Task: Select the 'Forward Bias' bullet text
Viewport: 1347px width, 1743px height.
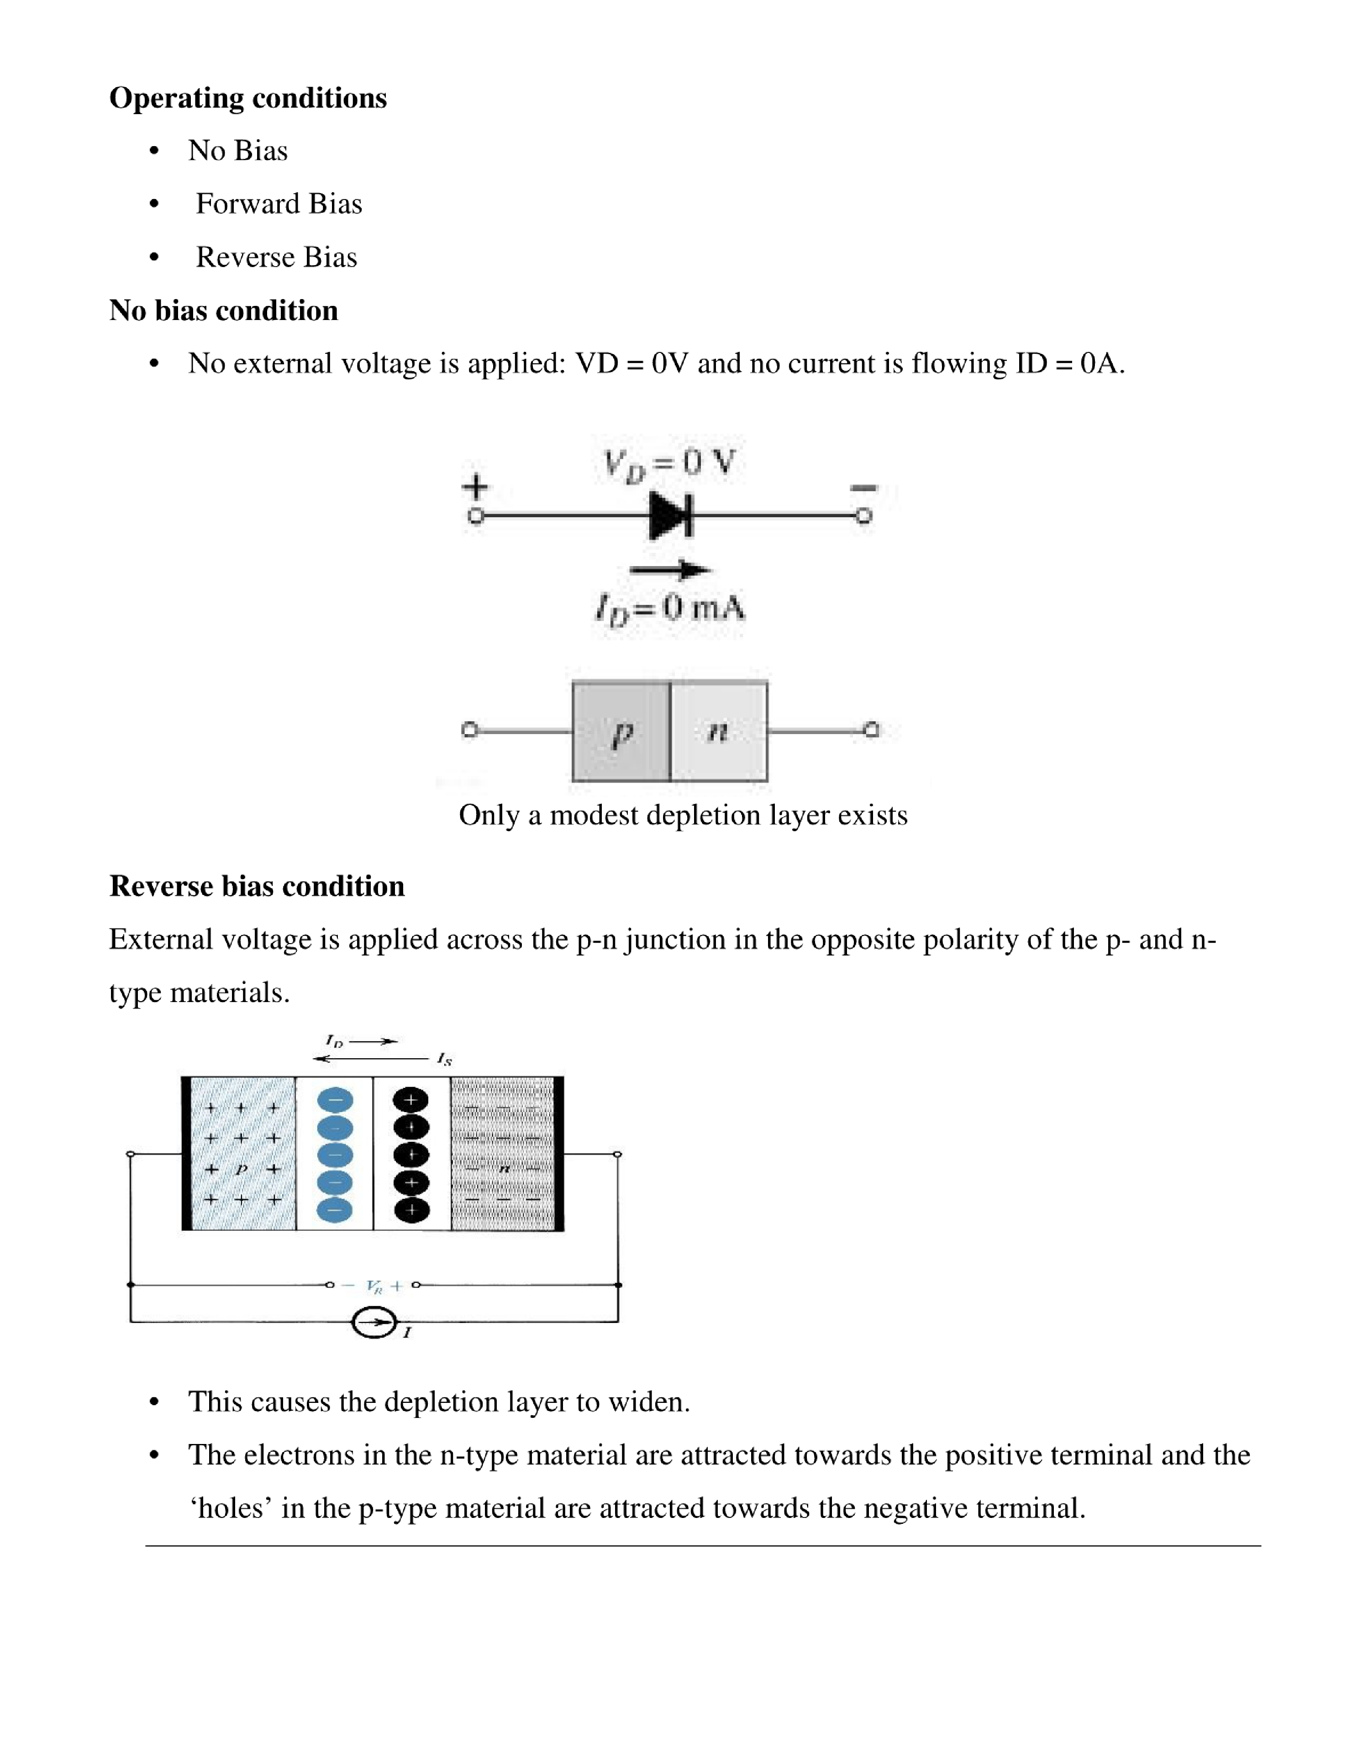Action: (279, 204)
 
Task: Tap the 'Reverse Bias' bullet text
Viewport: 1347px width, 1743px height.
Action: (276, 257)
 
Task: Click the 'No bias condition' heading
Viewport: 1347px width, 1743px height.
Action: (224, 310)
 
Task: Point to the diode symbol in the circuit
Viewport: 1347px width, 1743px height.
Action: (671, 515)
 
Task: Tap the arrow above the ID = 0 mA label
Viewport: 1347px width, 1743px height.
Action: (669, 570)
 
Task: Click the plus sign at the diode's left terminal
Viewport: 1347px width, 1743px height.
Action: (476, 486)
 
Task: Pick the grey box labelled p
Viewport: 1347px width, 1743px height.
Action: (621, 731)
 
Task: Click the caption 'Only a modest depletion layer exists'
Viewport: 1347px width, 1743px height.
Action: (683, 815)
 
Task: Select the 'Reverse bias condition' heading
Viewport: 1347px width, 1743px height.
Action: (256, 886)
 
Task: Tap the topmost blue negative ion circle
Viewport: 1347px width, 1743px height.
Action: (335, 1101)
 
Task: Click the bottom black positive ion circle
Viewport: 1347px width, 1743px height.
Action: (411, 1210)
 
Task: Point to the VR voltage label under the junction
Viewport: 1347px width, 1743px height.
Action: (374, 1286)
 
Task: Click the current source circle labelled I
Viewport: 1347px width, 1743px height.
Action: (374, 1323)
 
